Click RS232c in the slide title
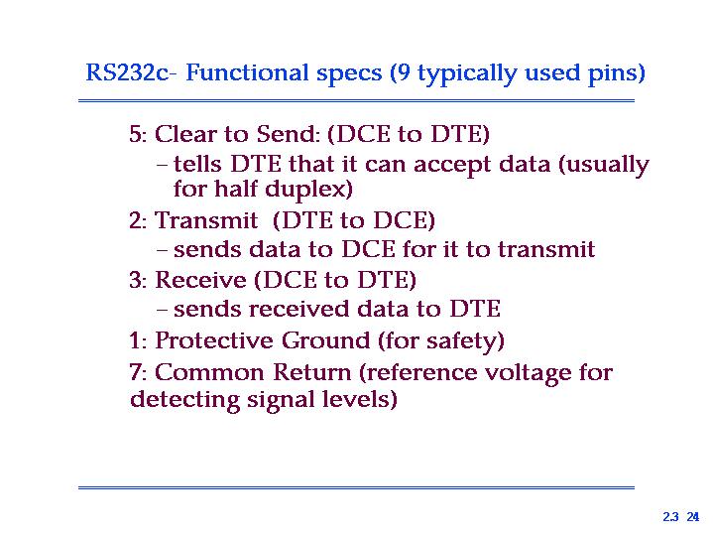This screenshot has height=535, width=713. point(127,72)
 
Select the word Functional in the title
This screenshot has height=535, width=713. point(246,72)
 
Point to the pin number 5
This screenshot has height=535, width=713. point(136,134)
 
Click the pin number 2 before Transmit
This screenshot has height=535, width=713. point(136,220)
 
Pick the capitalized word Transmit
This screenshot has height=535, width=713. point(206,220)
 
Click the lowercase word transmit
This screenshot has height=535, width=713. point(546,249)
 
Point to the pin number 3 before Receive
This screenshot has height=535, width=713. point(136,280)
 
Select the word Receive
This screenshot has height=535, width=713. point(200,280)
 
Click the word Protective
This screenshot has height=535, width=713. point(214,340)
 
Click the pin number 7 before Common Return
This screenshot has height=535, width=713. point(136,372)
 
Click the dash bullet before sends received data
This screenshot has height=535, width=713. point(163,310)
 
